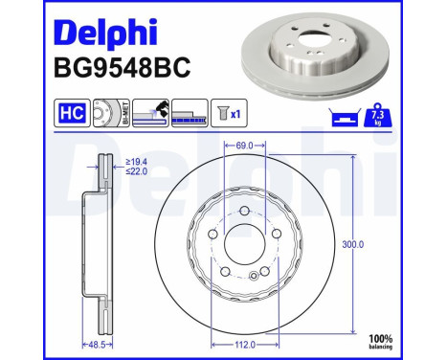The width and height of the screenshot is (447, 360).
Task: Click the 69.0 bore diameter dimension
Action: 245,145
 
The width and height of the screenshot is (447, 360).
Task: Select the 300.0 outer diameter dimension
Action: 353,244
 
